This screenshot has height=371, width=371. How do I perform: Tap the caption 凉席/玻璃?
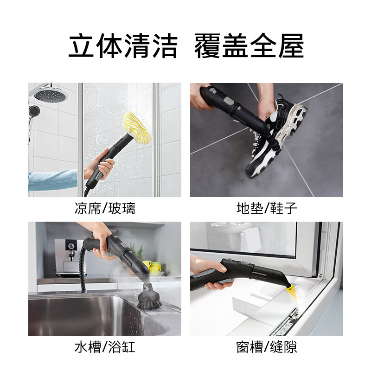coord(105,208)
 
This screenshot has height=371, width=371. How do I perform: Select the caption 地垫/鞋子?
coord(267,208)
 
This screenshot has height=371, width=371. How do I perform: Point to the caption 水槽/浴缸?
coord(105,347)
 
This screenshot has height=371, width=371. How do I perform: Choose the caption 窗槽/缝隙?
coord(267,347)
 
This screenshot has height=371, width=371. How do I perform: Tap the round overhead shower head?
coord(51,95)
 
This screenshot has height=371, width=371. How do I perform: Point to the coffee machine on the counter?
coord(67,257)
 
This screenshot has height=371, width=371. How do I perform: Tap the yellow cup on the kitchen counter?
coord(147,265)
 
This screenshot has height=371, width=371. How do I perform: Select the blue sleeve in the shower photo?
coord(51,180)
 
